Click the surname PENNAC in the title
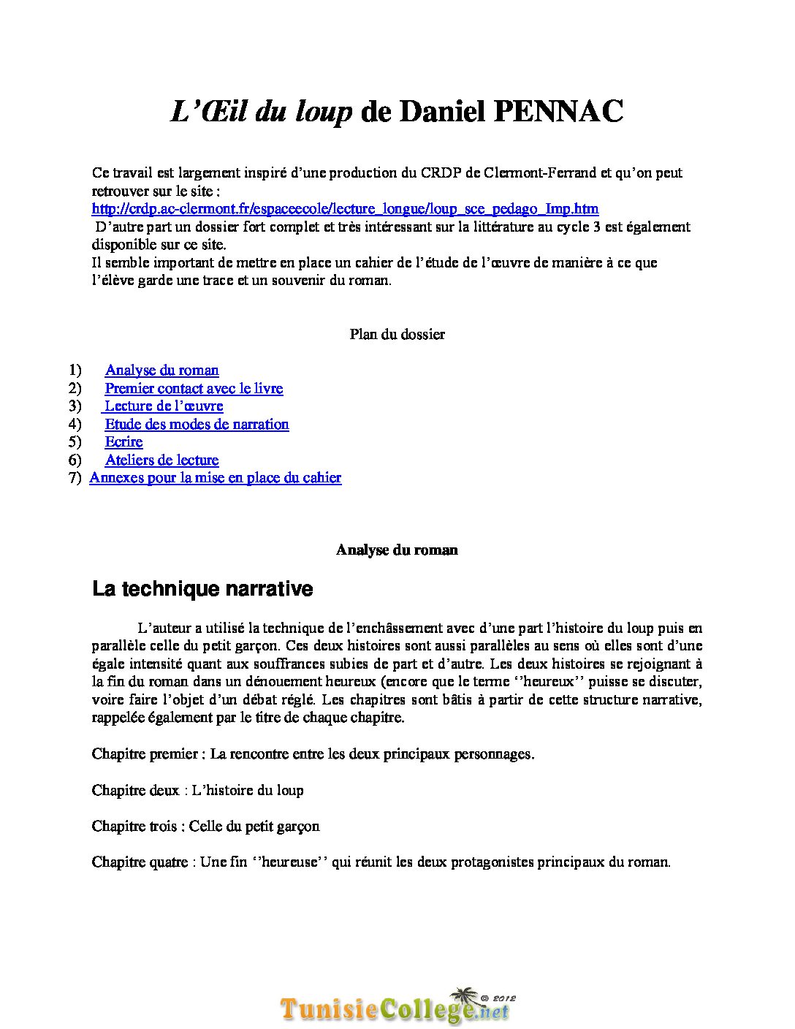[x=559, y=112]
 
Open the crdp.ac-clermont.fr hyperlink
[x=345, y=209]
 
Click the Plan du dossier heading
[x=397, y=335]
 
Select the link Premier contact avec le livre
[x=194, y=389]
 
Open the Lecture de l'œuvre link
[x=164, y=406]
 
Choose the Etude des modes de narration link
[x=197, y=425]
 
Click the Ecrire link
[x=123, y=442]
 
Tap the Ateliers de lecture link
[x=161, y=460]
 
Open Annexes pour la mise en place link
[x=215, y=478]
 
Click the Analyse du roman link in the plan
[x=161, y=371]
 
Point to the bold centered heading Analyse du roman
[x=397, y=550]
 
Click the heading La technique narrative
[x=202, y=589]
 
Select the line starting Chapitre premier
[x=313, y=754]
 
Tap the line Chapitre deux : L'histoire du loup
[x=197, y=790]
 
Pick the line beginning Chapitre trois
[x=205, y=827]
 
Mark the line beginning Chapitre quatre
[x=381, y=862]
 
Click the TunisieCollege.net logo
[x=395, y=1009]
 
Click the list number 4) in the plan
[x=75, y=425]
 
